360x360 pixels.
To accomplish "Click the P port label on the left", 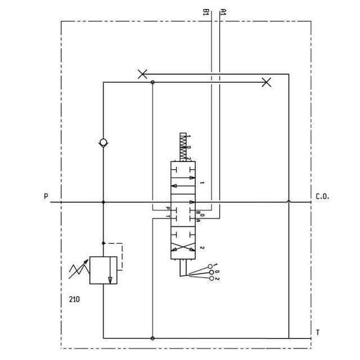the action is (46, 196).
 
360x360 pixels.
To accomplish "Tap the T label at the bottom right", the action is (318, 333).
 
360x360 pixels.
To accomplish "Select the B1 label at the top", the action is (206, 11).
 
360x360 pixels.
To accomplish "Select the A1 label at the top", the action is (223, 11).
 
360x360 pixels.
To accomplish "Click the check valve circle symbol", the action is (103, 142).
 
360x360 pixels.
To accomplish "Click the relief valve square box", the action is (103, 270).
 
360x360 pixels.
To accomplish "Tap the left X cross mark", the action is (143, 74).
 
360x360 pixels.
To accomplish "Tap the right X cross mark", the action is (267, 83).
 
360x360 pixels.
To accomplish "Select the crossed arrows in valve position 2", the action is (184, 247).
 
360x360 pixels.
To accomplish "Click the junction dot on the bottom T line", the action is (153, 338).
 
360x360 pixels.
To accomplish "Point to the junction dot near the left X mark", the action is (153, 83).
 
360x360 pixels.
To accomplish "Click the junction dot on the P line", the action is (103, 202).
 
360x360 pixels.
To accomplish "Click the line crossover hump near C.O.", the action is (289, 201).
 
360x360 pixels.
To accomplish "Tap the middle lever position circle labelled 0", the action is (211, 272).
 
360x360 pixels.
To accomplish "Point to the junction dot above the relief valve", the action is (103, 243).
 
